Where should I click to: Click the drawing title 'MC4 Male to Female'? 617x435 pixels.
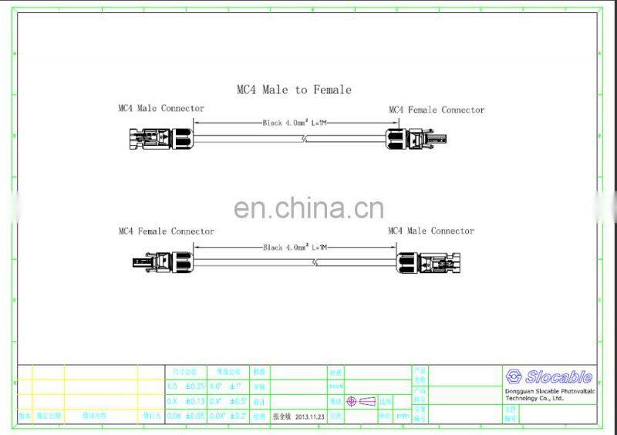coord(294,89)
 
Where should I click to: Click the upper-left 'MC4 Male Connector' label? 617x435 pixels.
coord(161,109)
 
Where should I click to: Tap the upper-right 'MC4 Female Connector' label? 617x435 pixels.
coord(437,110)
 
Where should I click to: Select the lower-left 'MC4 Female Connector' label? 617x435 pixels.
coord(167,231)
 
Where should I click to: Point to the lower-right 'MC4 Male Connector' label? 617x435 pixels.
coord(431,231)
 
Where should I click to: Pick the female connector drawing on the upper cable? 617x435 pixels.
coord(415,140)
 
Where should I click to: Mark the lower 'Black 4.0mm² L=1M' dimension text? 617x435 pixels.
coord(295,247)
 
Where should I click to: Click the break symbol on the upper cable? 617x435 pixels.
coord(306,140)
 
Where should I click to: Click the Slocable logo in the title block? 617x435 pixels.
coord(549,377)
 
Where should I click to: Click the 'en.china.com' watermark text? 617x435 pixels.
coord(308,208)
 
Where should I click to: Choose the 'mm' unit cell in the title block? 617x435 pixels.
coord(402,416)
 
